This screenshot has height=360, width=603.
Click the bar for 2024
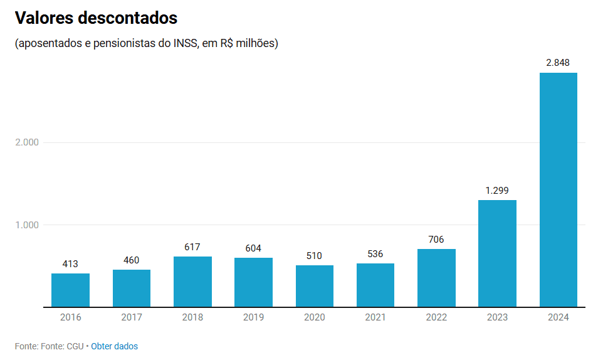click(558, 189)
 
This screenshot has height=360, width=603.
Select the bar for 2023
click(497, 253)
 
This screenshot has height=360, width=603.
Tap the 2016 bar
click(70, 290)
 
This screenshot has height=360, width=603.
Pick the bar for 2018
click(192, 282)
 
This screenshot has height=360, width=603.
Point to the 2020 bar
click(315, 286)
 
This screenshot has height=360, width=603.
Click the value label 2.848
click(558, 63)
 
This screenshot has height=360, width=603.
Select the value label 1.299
click(497, 190)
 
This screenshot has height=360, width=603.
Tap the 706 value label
click(436, 239)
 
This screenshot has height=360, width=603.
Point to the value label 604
click(253, 248)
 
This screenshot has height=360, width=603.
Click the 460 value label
click(132, 260)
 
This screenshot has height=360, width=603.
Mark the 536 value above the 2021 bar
click(375, 253)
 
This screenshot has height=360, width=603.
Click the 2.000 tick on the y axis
click(27, 142)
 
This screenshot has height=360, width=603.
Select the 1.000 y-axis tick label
click(27, 225)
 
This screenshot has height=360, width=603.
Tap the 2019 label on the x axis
click(253, 317)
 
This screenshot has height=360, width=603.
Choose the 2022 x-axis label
click(436, 317)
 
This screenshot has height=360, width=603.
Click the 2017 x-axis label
click(132, 317)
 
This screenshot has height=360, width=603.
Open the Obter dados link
click(115, 346)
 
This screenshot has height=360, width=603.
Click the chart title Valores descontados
click(96, 18)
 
